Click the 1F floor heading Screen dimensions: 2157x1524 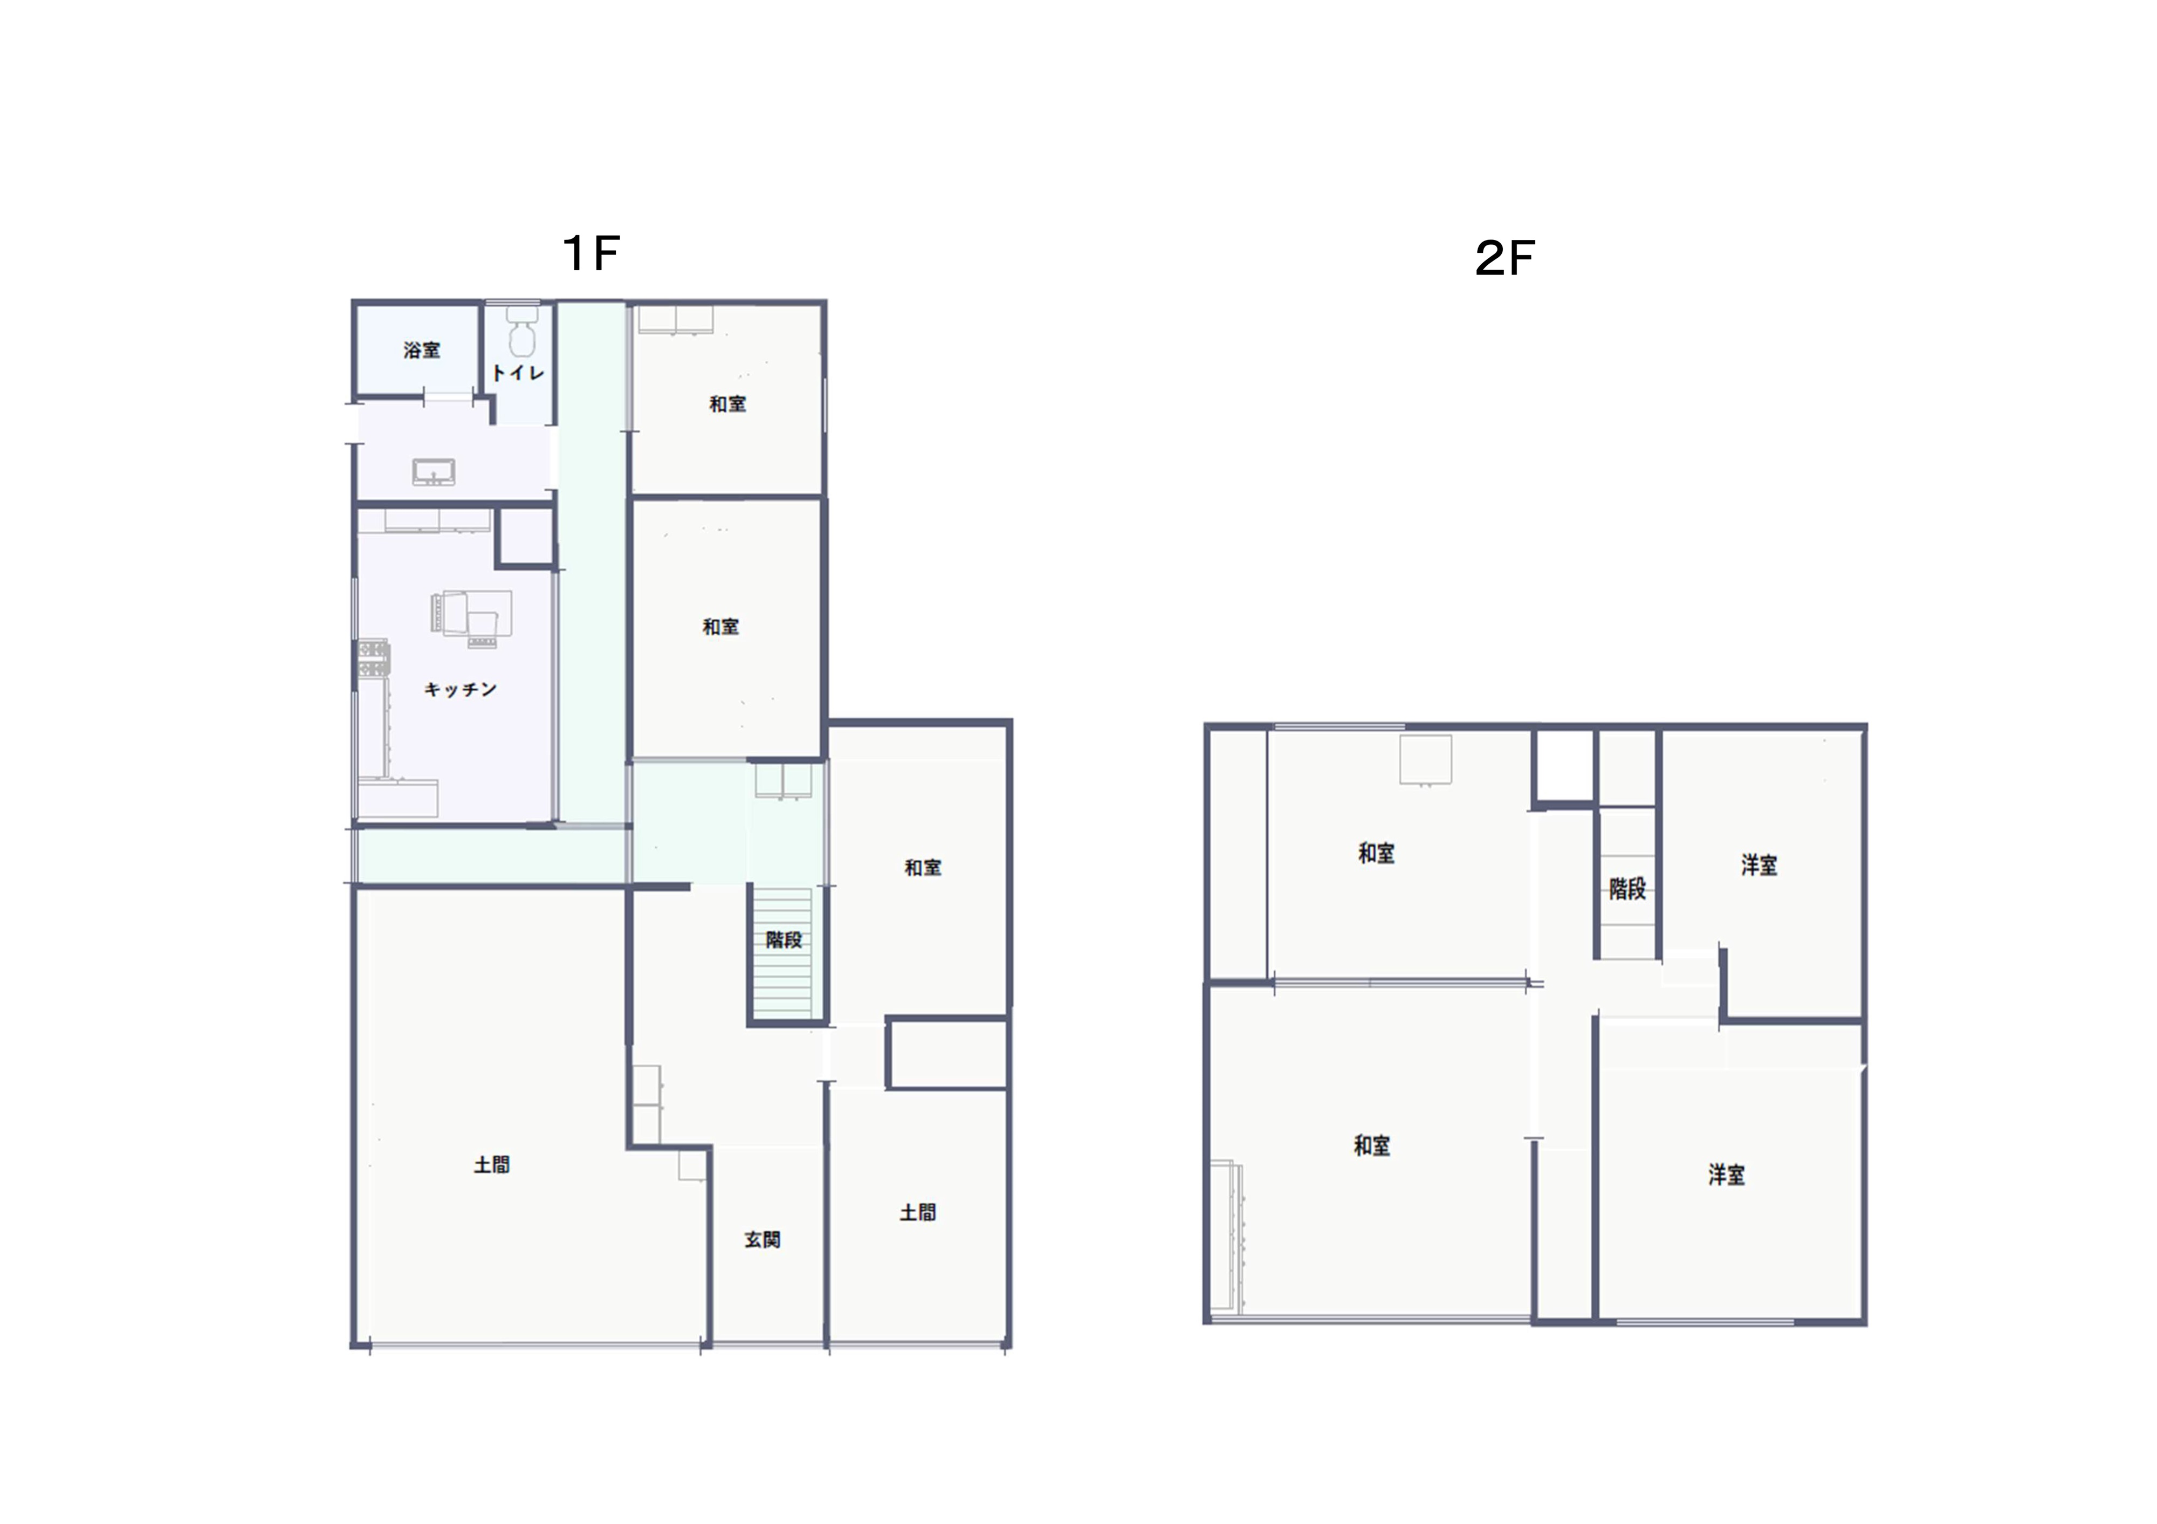[591, 253]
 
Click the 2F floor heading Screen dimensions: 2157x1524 [1505, 258]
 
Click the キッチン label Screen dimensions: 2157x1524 [461, 690]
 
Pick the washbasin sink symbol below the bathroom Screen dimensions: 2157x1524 [434, 472]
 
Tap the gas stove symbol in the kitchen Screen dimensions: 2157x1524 [373, 658]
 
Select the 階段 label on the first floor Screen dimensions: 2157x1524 [784, 939]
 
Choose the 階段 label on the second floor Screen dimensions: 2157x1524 [1627, 889]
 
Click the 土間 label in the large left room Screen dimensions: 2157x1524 [491, 1165]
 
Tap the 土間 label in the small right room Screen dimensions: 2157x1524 [918, 1213]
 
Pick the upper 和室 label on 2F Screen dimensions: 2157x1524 [1376, 853]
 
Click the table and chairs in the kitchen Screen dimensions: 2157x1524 [472, 618]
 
